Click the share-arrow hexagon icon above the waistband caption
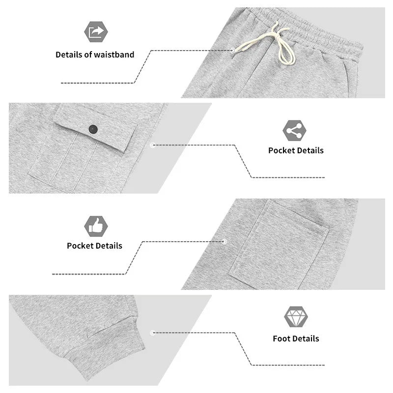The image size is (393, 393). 96,31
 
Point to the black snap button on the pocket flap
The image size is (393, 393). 93,129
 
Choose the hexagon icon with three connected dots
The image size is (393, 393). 294,131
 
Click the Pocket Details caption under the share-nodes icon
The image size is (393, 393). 296,150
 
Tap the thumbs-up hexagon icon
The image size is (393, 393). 96,226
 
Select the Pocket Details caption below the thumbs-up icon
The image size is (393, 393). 94,246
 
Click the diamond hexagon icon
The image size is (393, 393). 296,317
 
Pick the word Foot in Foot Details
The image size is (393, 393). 281,338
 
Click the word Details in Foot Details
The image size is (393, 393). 306,338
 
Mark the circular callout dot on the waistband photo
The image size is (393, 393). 232,51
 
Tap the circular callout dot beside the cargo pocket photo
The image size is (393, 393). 153,145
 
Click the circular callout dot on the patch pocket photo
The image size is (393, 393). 225,242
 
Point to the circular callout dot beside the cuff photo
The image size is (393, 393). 153,333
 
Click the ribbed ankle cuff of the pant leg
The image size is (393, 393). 110,351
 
